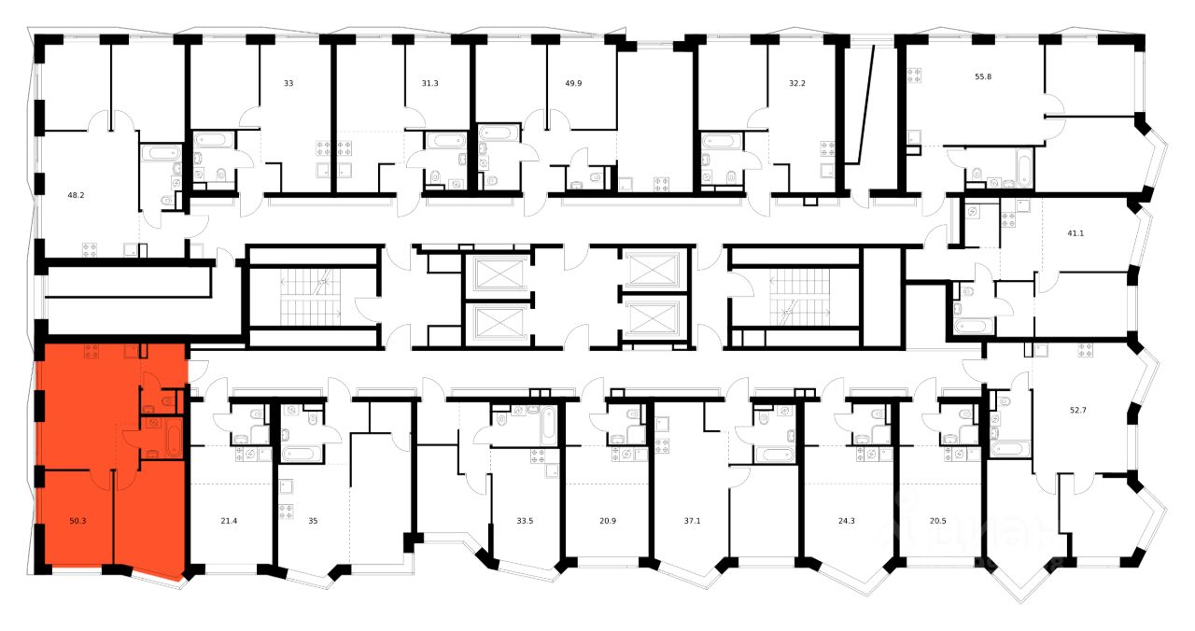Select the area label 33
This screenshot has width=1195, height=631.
pos(288,83)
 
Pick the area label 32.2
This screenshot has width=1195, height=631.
pos(796,83)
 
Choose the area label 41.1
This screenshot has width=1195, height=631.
pos(1075,233)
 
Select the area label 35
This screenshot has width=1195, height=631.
pos(313,521)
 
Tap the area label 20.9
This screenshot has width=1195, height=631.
pos(607,521)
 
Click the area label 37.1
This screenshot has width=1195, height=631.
pos(692,521)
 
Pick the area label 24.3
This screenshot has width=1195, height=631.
pos(847,521)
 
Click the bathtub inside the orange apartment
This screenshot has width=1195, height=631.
pos(173,440)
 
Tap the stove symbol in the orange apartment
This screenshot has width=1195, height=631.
pos(91,351)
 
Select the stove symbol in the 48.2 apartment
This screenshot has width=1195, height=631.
pos(91,248)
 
